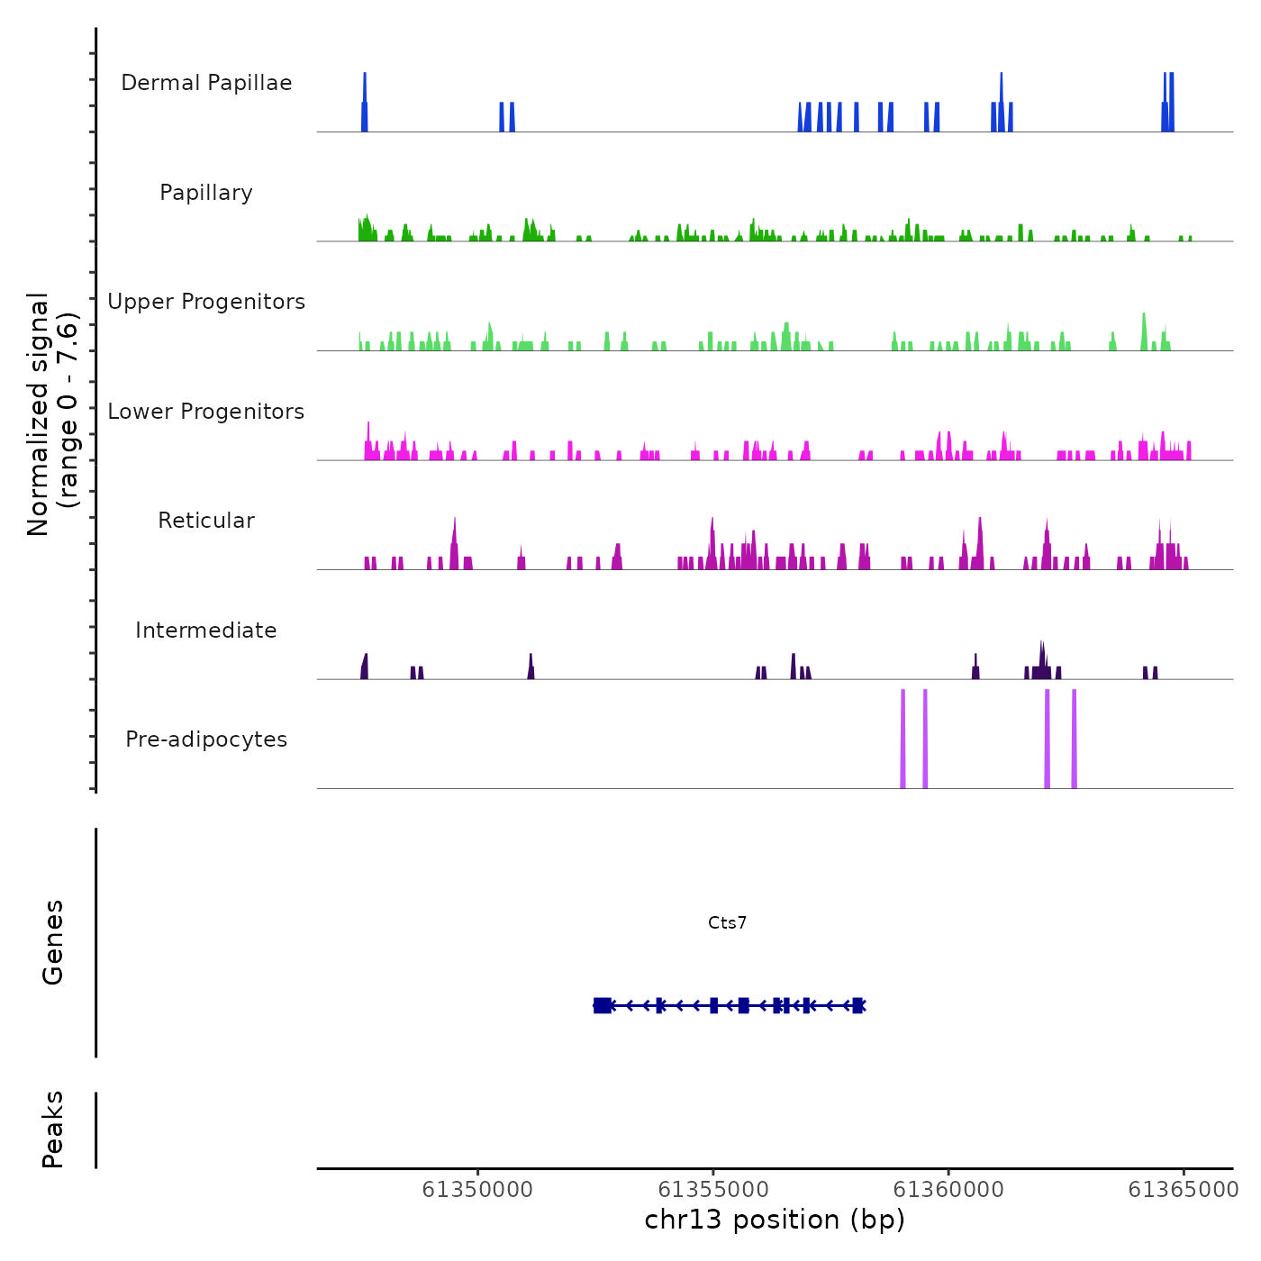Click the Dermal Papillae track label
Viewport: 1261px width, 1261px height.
coord(206,83)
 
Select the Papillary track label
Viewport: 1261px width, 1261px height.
coord(206,193)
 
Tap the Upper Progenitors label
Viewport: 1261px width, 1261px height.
coord(206,302)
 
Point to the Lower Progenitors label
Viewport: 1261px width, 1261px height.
coord(206,412)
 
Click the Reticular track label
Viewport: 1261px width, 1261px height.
coord(206,521)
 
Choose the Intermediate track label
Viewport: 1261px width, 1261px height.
coord(206,630)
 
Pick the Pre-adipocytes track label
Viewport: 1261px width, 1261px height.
coord(206,739)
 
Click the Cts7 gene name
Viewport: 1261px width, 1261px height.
coord(727,922)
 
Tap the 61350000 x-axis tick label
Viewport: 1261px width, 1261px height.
coord(477,1190)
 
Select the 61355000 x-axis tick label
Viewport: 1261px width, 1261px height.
coord(713,1190)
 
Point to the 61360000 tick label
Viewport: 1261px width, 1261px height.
coord(948,1190)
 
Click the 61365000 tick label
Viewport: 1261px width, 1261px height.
coord(1184,1190)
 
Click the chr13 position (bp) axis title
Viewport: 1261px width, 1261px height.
coord(775,1220)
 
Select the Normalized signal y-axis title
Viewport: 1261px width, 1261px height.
coord(52,414)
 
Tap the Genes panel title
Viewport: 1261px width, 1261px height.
coord(53,942)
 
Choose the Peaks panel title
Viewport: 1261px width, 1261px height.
coord(53,1129)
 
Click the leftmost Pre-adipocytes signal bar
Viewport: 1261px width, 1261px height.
coord(903,739)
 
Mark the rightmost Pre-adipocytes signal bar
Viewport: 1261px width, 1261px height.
coord(1074,739)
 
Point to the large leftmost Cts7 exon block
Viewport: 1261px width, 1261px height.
coord(603,1005)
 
